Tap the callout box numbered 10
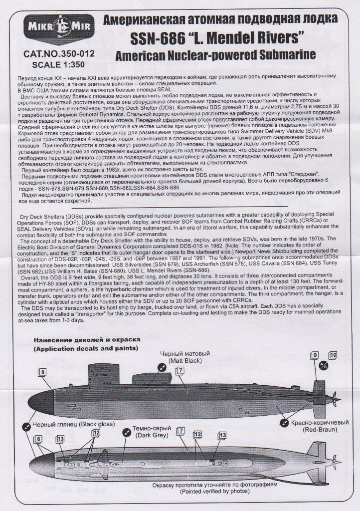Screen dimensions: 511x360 [333, 355]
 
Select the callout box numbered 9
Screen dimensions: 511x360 [315, 355]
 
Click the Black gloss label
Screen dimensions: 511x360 [73, 424]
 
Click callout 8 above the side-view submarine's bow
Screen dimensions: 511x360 [43, 372]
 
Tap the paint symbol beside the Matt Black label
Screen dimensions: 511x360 [161, 367]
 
